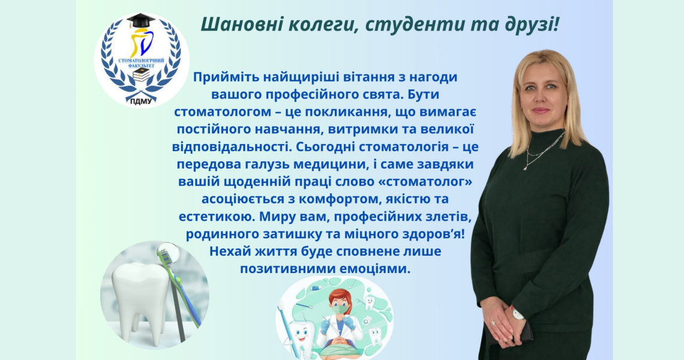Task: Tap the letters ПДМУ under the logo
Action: click(x=141, y=101)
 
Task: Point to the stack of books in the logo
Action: click(x=140, y=74)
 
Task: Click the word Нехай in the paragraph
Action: click(x=227, y=251)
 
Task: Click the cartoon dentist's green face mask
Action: click(x=340, y=311)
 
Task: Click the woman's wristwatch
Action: click(x=517, y=313)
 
